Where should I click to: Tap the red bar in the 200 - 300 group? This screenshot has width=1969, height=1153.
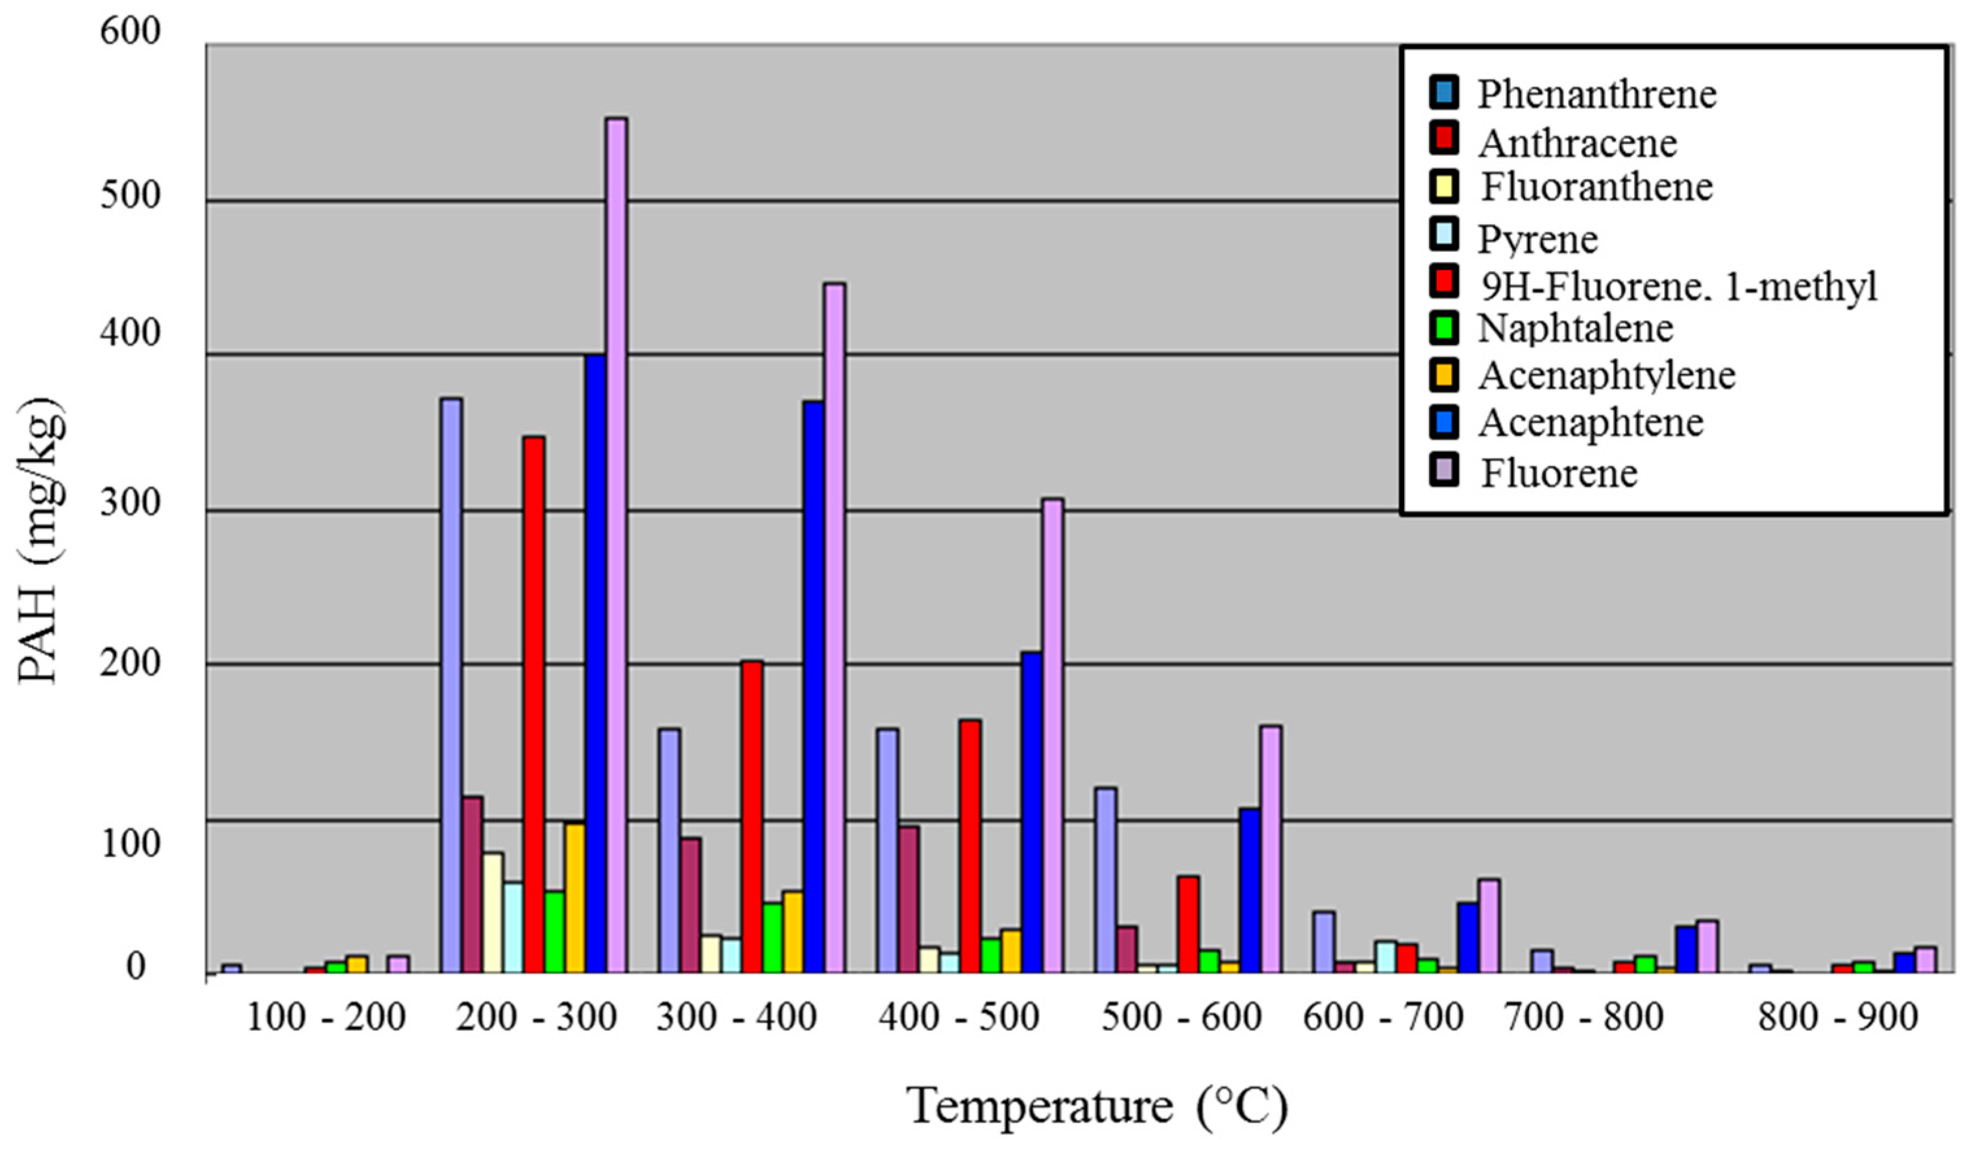click(x=535, y=704)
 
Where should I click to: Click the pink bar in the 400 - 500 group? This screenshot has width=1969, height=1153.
click(x=1053, y=736)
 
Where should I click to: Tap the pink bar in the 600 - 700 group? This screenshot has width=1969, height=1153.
click(x=1489, y=926)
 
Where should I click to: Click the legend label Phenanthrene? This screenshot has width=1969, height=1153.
click(x=1596, y=95)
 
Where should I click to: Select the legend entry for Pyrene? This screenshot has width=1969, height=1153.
click(x=1537, y=238)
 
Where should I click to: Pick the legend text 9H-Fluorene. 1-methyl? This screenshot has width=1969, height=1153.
click(x=1678, y=286)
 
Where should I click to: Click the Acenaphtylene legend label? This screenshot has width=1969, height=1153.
click(x=1606, y=375)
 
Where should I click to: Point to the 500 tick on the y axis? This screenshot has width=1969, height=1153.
click(x=130, y=195)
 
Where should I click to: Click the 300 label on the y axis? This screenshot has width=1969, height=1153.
click(x=130, y=502)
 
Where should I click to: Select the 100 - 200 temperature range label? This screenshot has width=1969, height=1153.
click(x=325, y=1017)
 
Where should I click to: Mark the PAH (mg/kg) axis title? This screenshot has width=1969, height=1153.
click(x=39, y=540)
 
